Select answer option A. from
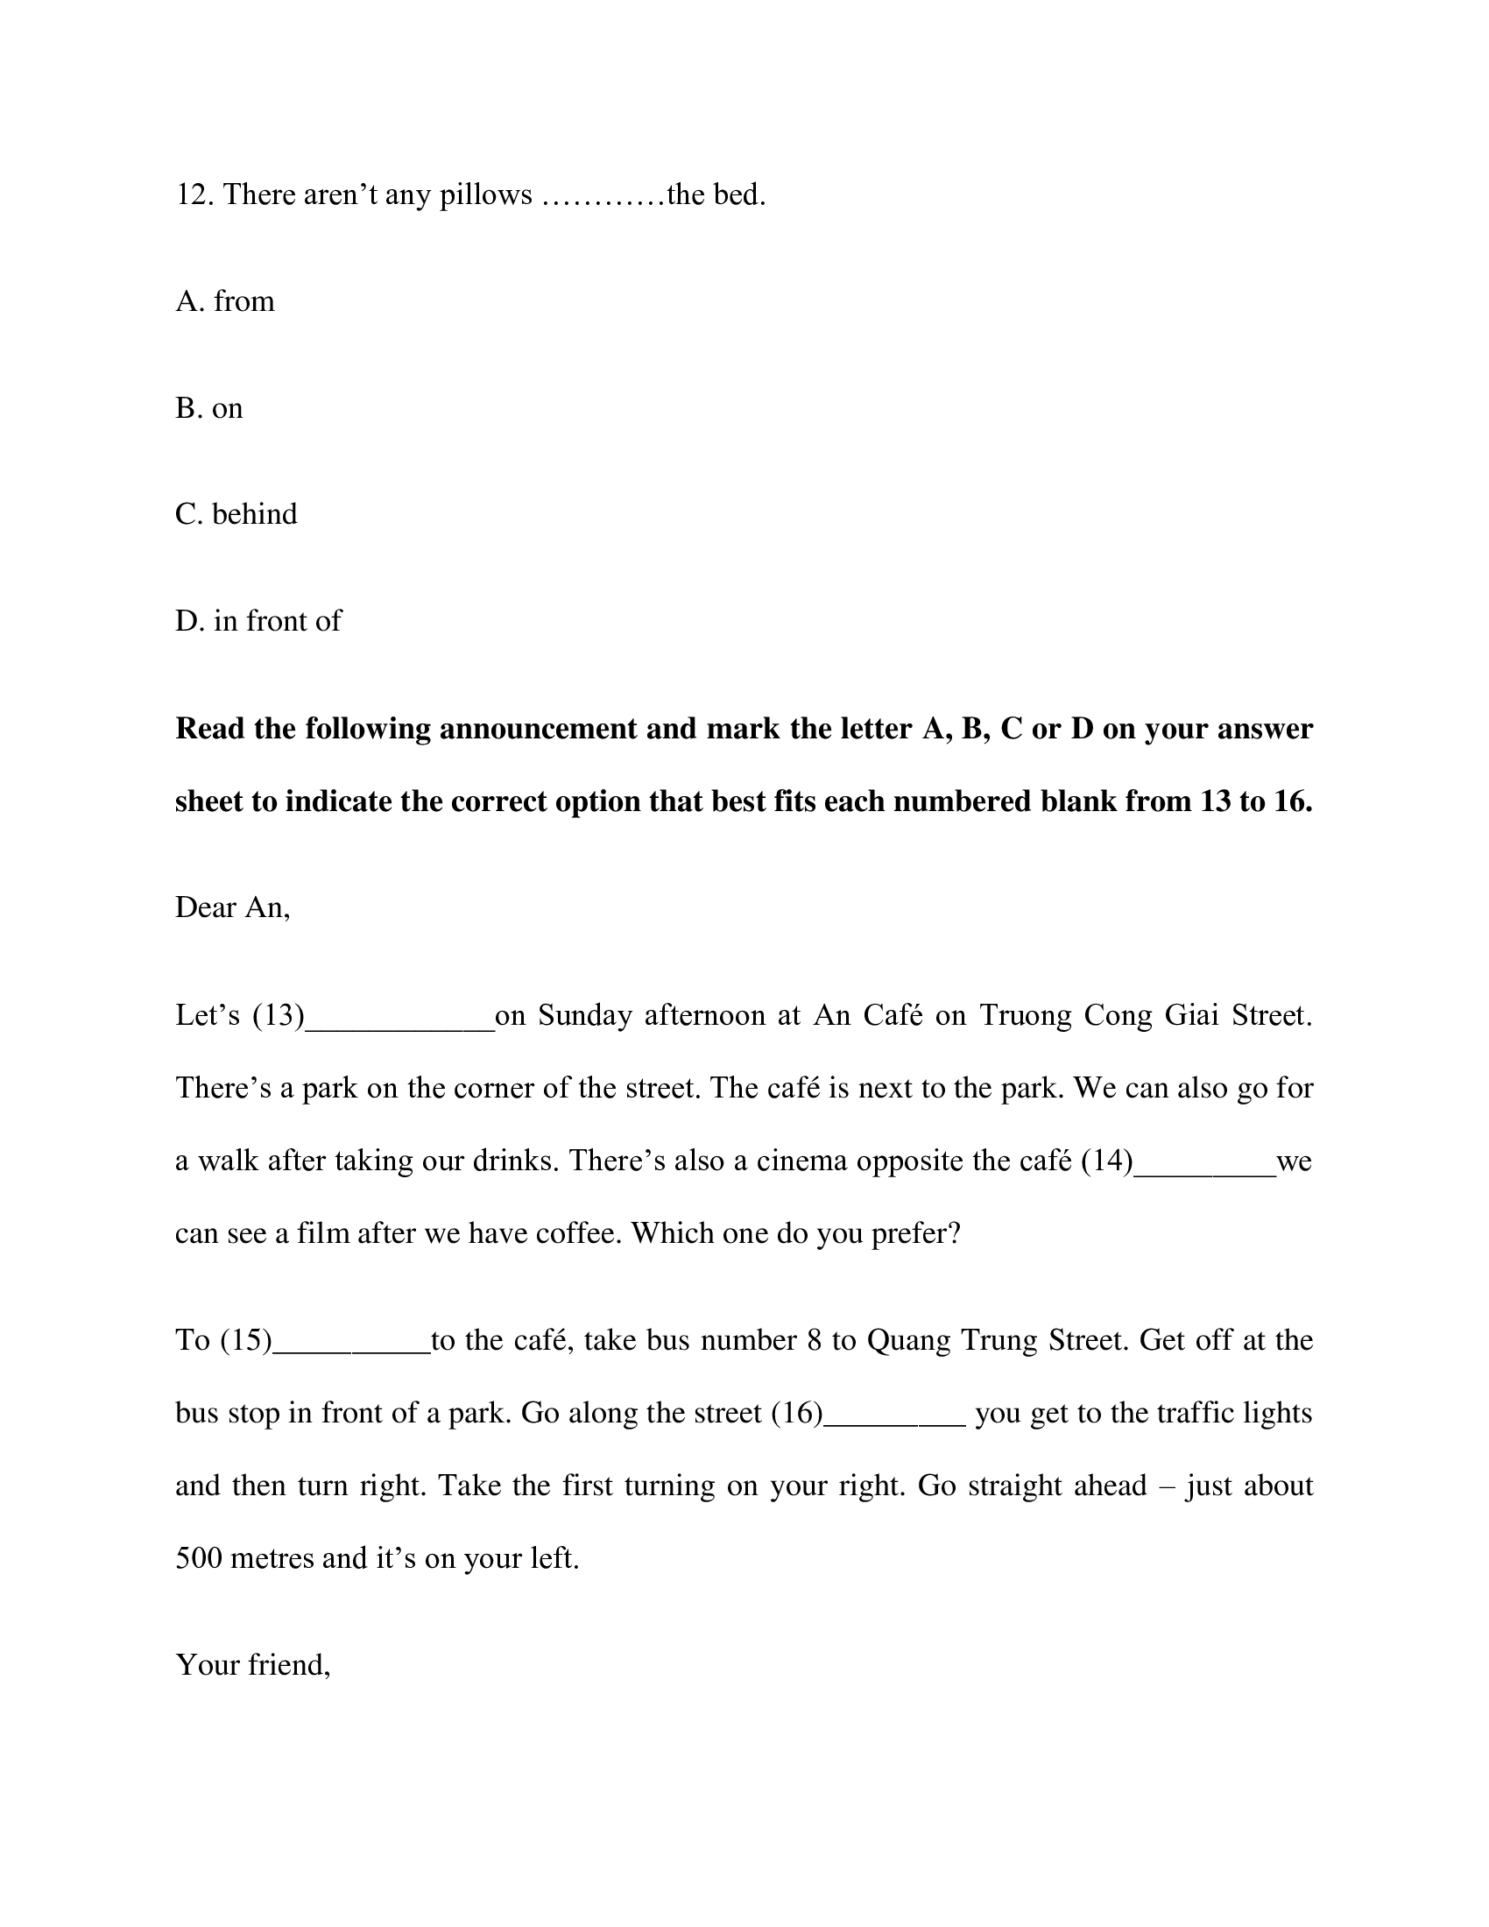tap(225, 302)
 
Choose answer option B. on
tap(209, 408)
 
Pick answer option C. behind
tap(236, 514)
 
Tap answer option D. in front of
tap(258, 621)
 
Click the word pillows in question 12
tap(486, 195)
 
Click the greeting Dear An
tap(233, 908)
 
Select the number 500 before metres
tap(199, 1559)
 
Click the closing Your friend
tap(253, 1665)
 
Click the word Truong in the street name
tap(1025, 1016)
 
